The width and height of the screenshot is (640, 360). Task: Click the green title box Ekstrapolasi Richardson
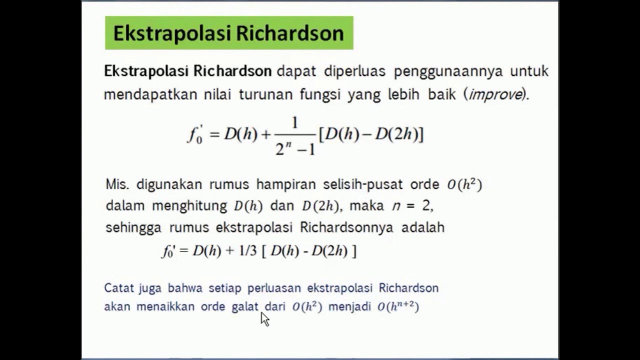coord(229,33)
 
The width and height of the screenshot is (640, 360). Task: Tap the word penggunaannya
coord(447,71)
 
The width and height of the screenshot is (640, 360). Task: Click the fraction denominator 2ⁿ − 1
coord(295,149)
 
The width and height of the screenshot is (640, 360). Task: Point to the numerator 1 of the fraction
coord(294,123)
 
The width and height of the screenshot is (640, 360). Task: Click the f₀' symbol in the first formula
coord(195,135)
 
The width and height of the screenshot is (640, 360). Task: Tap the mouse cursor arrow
coord(264,318)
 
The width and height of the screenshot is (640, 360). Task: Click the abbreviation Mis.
coord(117,184)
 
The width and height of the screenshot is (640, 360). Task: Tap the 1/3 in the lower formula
coord(247,251)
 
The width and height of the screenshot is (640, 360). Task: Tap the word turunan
coord(265,94)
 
